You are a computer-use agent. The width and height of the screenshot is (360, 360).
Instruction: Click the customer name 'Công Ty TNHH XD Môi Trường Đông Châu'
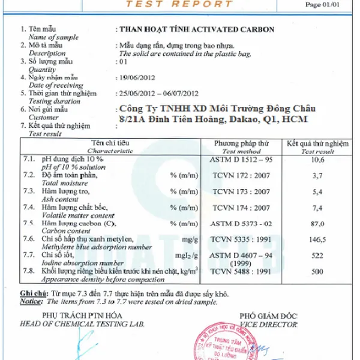pos(217,109)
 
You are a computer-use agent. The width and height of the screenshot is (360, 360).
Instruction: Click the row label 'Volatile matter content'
pos(77,214)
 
